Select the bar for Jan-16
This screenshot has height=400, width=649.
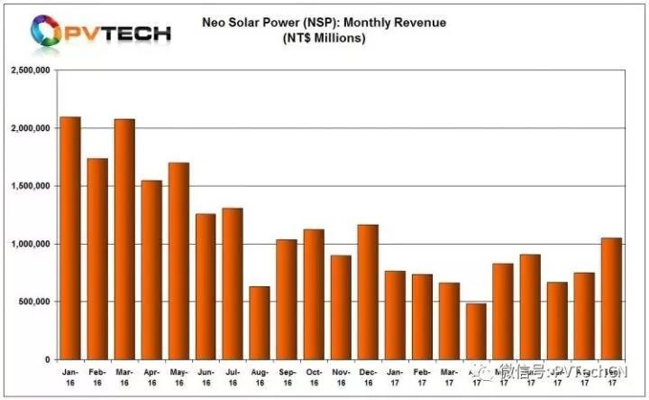[70, 238]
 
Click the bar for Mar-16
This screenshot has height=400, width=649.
[124, 239]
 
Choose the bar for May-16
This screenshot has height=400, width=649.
[178, 261]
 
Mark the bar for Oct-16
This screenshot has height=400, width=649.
[314, 294]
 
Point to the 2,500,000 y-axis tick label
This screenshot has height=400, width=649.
[29, 70]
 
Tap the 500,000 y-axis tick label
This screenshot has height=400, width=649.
[32, 302]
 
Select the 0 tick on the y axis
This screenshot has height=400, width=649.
[46, 359]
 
